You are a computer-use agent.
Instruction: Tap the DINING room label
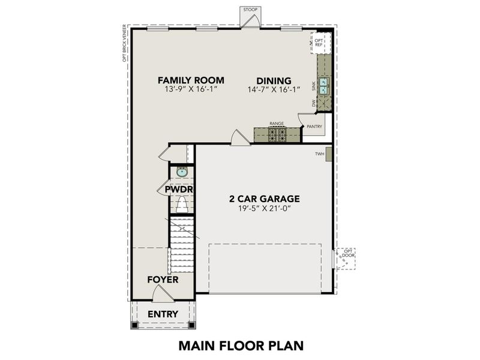pyautogui.click(x=257, y=80)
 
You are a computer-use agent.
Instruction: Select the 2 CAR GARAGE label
pyautogui.click(x=265, y=199)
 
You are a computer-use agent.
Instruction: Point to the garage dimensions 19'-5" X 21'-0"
pyautogui.click(x=265, y=209)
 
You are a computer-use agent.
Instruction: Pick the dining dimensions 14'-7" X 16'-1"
pyautogui.click(x=257, y=89)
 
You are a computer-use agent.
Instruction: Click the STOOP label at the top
pyautogui.click(x=249, y=10)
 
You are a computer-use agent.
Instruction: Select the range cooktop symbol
pyautogui.click(x=277, y=135)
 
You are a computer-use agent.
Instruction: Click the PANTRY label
pyautogui.click(x=314, y=127)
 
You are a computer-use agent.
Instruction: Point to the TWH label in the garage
pyautogui.click(x=319, y=154)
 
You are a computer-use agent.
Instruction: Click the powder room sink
pyautogui.click(x=182, y=173)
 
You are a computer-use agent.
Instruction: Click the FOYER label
pyautogui.click(x=163, y=280)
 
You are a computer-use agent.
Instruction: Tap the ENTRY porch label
pyautogui.click(x=163, y=314)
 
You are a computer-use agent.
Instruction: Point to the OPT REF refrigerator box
pyautogui.click(x=319, y=43)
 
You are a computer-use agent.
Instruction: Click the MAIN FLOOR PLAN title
pyautogui.click(x=241, y=346)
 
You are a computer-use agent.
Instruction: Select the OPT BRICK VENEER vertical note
pyautogui.click(x=124, y=43)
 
